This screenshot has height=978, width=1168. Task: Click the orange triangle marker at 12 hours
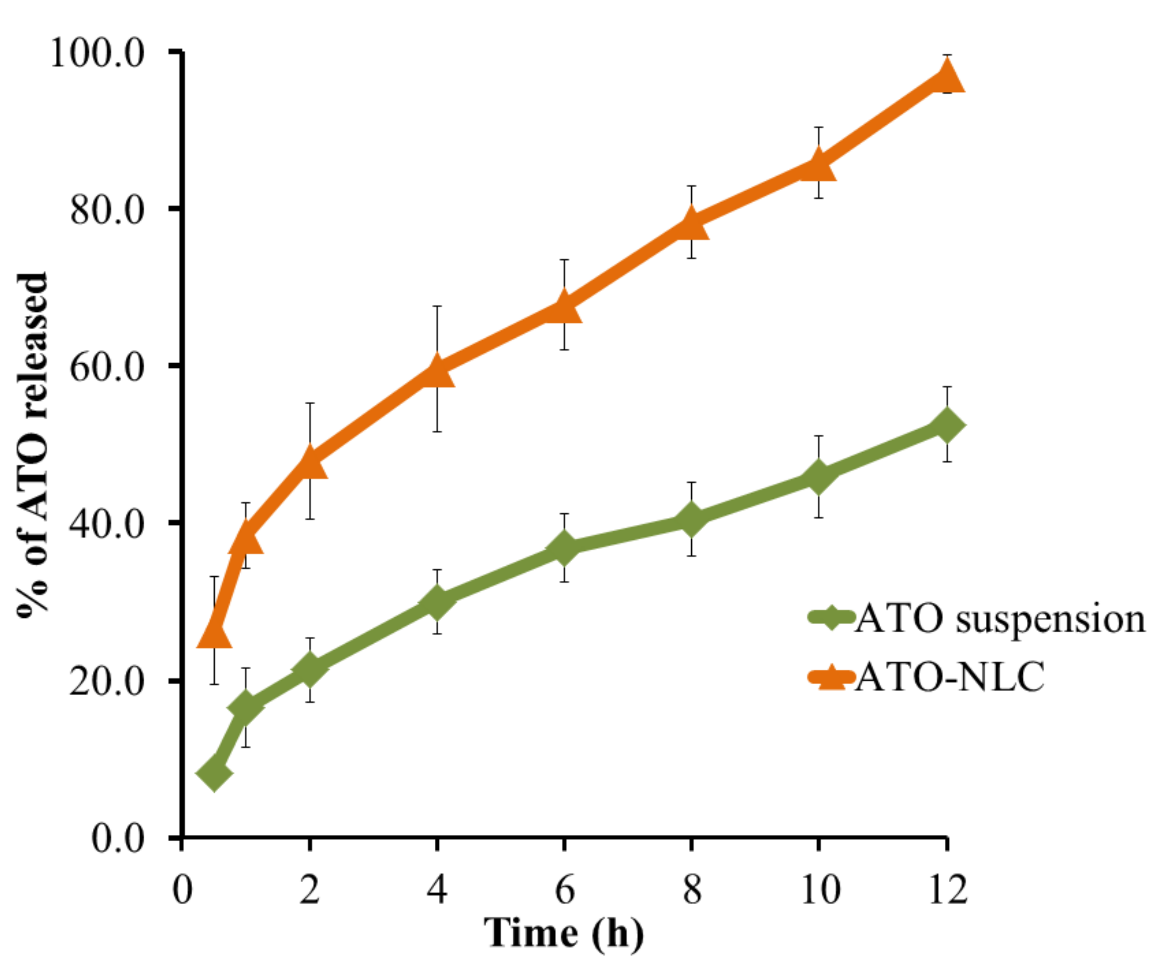point(946,77)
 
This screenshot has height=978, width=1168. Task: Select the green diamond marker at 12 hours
point(946,425)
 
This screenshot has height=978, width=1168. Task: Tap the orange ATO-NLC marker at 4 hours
point(437,371)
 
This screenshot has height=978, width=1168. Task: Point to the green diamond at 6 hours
point(564,548)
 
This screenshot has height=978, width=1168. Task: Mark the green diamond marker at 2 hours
point(310,670)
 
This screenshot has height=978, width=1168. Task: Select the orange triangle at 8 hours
point(691,223)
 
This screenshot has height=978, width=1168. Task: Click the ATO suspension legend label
point(999,619)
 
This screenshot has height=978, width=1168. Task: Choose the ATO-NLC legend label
point(949,677)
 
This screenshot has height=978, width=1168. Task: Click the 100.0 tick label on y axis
point(97,54)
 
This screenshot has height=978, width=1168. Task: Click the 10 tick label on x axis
point(820,890)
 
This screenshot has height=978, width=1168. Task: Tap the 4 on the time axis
point(437,890)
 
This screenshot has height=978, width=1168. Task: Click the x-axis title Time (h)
point(564,933)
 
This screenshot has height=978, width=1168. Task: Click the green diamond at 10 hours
point(819,476)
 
